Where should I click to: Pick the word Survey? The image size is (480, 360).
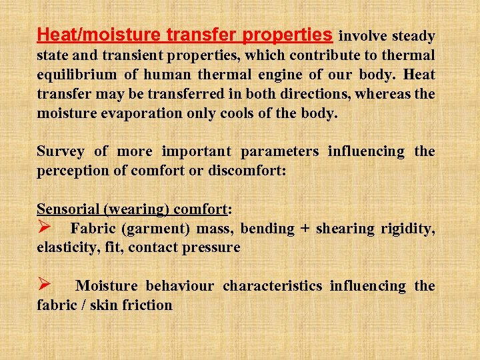click(x=61, y=151)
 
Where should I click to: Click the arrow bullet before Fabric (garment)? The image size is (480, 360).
click(x=45, y=228)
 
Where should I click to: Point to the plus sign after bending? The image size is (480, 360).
click(x=305, y=229)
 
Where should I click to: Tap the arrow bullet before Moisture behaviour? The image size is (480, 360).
click(x=45, y=285)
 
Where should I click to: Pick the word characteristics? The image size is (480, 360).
click(x=271, y=286)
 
